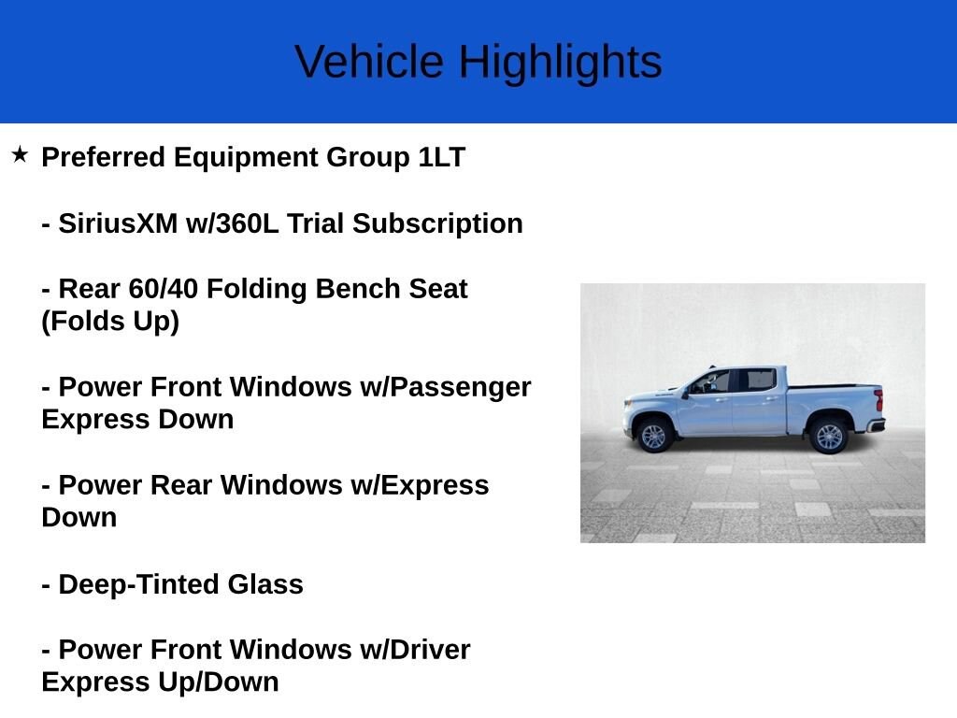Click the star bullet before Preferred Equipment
pyautogui.click(x=20, y=154)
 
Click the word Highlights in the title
pyautogui.click(x=559, y=63)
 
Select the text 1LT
pyautogui.click(x=441, y=157)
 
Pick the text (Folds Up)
pyautogui.click(x=110, y=322)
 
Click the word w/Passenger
pyautogui.click(x=446, y=387)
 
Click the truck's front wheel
pyautogui.click(x=654, y=436)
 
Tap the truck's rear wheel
pyautogui.click(x=828, y=436)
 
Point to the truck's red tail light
pyautogui.click(x=878, y=401)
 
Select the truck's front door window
pyautogui.click(x=713, y=381)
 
